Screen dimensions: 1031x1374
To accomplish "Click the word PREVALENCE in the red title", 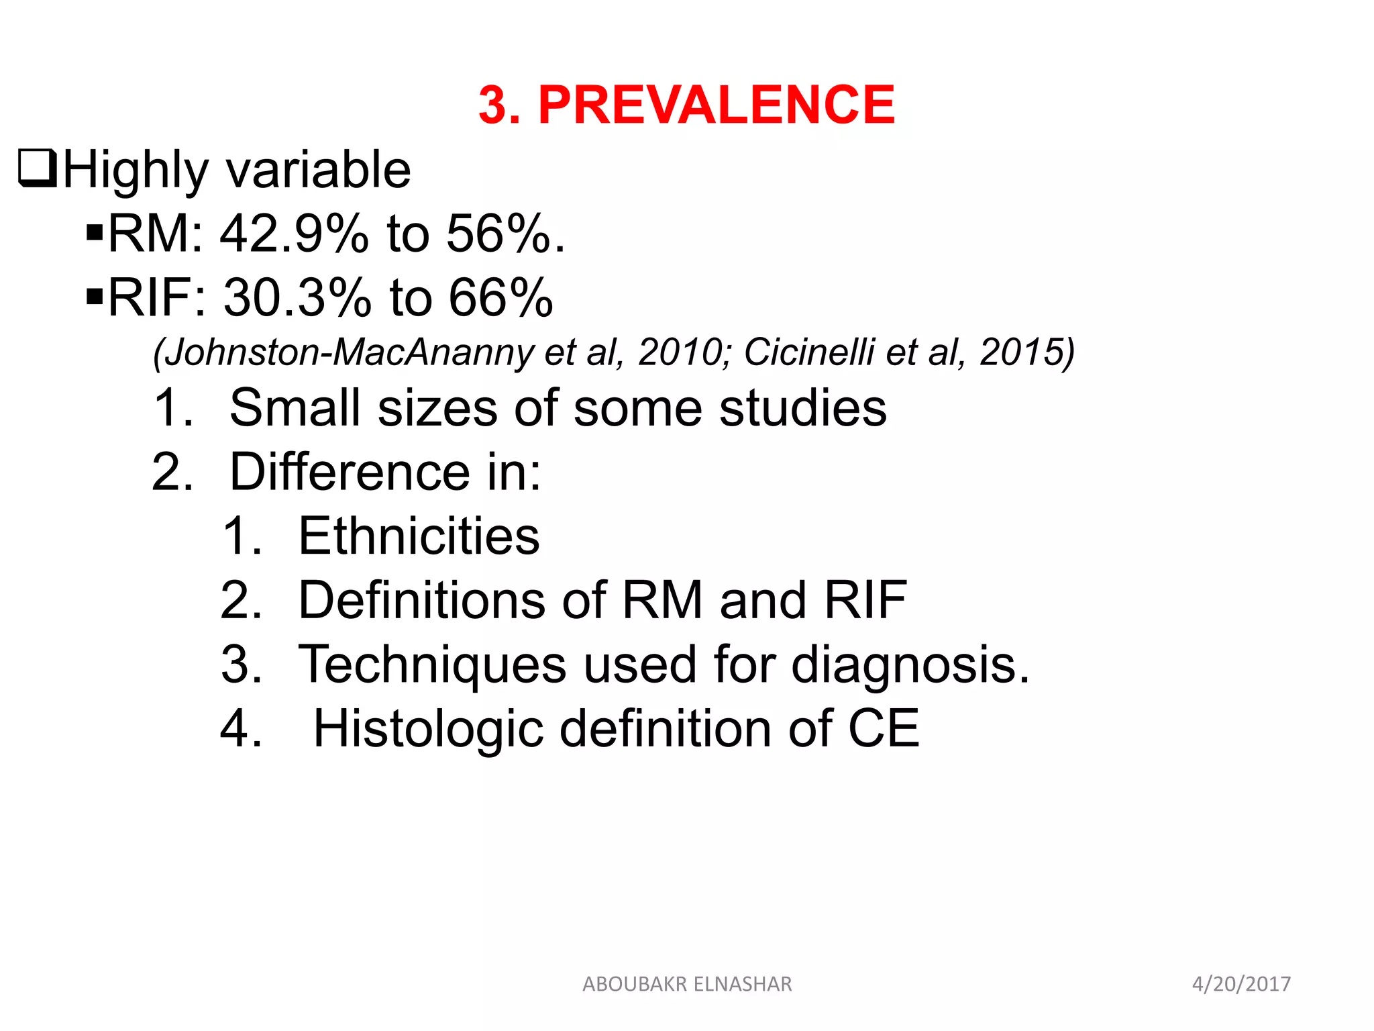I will (x=716, y=105).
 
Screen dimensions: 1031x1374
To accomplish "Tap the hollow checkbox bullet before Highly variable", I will (x=38, y=168).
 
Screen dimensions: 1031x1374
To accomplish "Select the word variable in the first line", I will (x=318, y=170).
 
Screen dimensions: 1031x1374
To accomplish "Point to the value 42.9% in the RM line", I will (x=294, y=234).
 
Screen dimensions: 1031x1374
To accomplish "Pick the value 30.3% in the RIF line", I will (x=297, y=297).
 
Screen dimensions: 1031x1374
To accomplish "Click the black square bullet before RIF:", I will (x=95, y=295).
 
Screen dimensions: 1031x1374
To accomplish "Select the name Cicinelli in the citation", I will (x=809, y=352).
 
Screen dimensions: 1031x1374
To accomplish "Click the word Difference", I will (x=350, y=472).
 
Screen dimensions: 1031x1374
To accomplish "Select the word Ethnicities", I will (x=419, y=536).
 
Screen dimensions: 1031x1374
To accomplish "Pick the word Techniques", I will (x=432, y=665).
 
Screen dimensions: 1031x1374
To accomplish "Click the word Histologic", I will (x=428, y=729).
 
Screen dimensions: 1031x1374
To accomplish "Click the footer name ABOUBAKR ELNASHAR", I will (x=687, y=984).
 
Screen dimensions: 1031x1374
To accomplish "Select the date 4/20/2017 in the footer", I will (x=1241, y=984).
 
